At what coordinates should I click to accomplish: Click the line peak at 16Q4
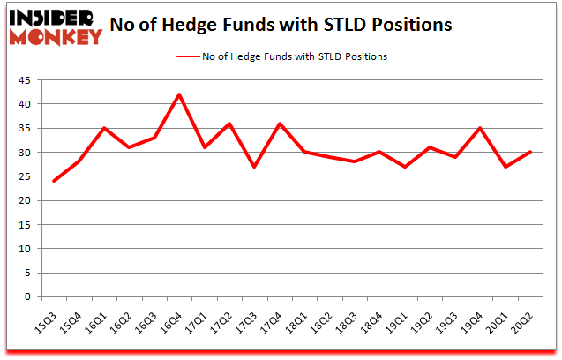click(179, 94)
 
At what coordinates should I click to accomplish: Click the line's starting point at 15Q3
click(53, 181)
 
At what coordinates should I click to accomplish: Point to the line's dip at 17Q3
click(255, 167)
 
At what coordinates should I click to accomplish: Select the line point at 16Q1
click(103, 128)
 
